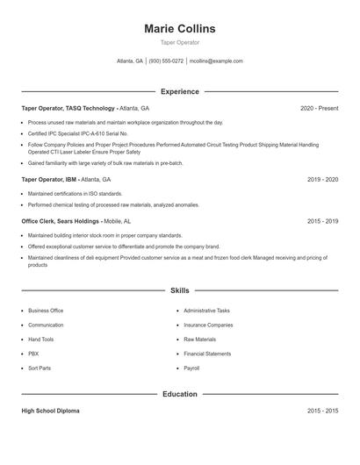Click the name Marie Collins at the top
tap(179, 28)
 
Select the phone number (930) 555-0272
tap(166, 61)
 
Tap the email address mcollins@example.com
tap(216, 61)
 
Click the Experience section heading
tap(179, 91)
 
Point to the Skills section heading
tap(179, 290)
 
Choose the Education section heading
tap(179, 394)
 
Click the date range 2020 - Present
tap(319, 108)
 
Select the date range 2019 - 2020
tap(322, 179)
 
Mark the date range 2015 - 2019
tap(322, 221)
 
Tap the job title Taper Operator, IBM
tap(49, 179)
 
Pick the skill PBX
tap(33, 354)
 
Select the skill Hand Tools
tap(40, 339)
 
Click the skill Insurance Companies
tap(208, 325)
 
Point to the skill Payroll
tap(192, 368)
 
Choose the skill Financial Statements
tap(207, 354)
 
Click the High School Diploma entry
tap(50, 411)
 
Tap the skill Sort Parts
tap(40, 368)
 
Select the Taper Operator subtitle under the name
tap(179, 42)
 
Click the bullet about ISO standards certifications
tap(76, 193)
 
